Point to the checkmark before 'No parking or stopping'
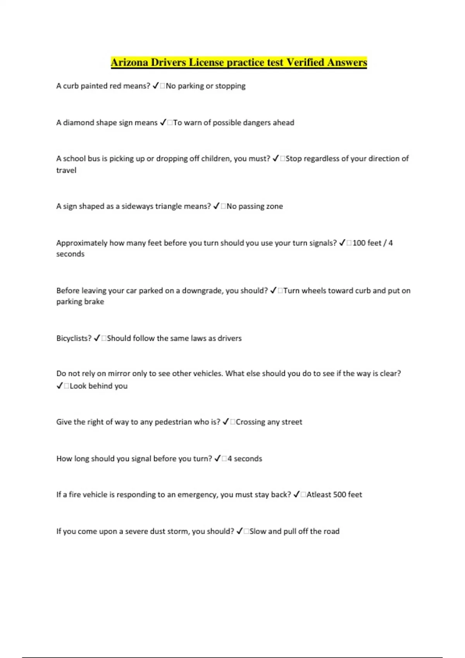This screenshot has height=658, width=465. click(x=155, y=86)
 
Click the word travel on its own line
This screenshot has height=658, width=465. click(x=66, y=170)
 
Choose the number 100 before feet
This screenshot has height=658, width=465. click(x=358, y=243)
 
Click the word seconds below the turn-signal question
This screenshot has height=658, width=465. click(x=70, y=254)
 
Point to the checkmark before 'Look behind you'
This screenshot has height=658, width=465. click(x=60, y=386)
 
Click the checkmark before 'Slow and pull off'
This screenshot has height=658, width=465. click(x=239, y=531)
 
